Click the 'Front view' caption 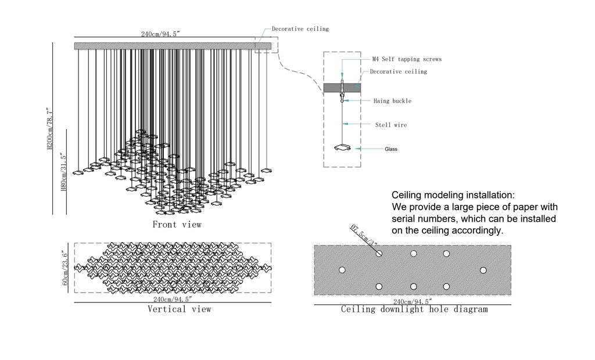pyautogui.click(x=177, y=224)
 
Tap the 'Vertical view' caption pyautogui.click(x=179, y=309)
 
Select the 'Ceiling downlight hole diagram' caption pyautogui.click(x=414, y=309)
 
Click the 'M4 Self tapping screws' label pyautogui.click(x=407, y=59)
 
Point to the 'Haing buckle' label pyautogui.click(x=392, y=101)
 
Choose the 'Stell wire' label pyautogui.click(x=391, y=125)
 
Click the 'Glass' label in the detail pyautogui.click(x=391, y=149)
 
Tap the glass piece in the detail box pyautogui.click(x=343, y=147)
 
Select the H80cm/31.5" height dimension pyautogui.click(x=64, y=172)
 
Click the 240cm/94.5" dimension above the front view pyautogui.click(x=160, y=34)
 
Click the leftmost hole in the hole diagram pyautogui.click(x=342, y=270)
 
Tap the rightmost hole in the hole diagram pyautogui.click(x=483, y=270)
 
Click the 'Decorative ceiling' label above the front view pyautogui.click(x=300, y=28)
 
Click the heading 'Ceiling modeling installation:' pyautogui.click(x=453, y=195)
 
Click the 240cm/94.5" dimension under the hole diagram pyautogui.click(x=413, y=301)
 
